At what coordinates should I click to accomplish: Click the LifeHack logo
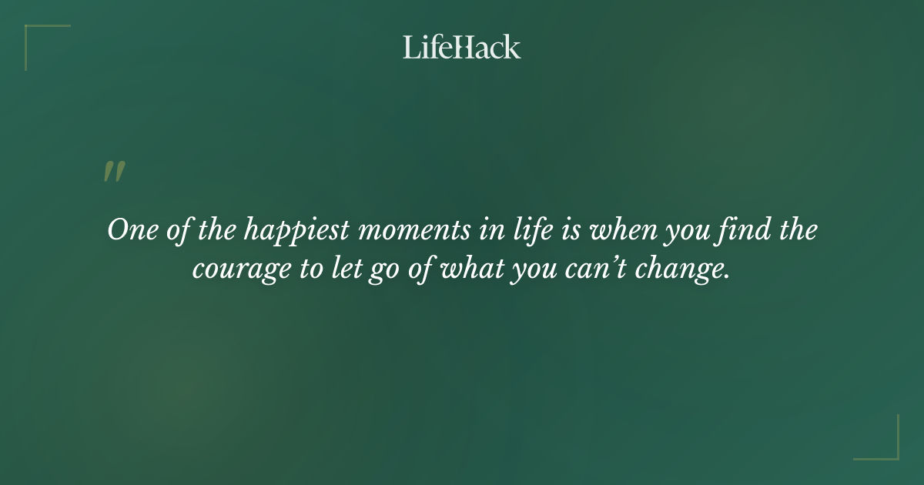point(462,47)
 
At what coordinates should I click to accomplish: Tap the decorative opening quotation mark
point(114,172)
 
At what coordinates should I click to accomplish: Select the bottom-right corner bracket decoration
point(886,447)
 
